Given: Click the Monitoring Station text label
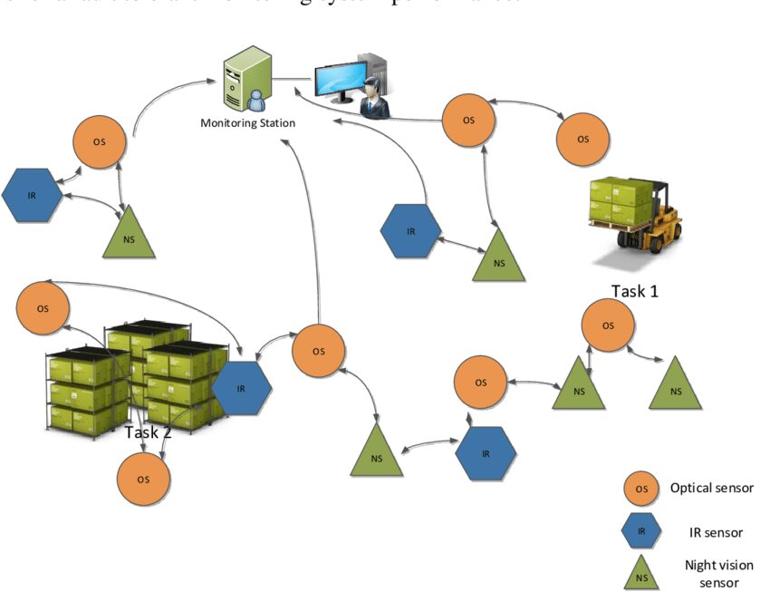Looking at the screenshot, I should pyautogui.click(x=247, y=122).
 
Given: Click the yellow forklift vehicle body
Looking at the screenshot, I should pyautogui.click(x=657, y=222).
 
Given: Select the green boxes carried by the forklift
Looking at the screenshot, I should pyautogui.click(x=619, y=199).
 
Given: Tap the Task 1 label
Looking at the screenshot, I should pyautogui.click(x=634, y=291).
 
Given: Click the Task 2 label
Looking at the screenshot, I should pyautogui.click(x=148, y=432).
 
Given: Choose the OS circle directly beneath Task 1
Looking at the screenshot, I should pyautogui.click(x=608, y=325).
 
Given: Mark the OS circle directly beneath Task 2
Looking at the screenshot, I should pyautogui.click(x=143, y=477).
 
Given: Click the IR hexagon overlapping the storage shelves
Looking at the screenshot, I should pyautogui.click(x=241, y=388).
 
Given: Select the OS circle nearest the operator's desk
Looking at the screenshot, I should pyautogui.click(x=468, y=120).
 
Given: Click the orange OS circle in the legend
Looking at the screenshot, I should pyautogui.click(x=640, y=489).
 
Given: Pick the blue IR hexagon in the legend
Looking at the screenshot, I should pyautogui.click(x=640, y=531).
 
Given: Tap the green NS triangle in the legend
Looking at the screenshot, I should pyautogui.click(x=640, y=573).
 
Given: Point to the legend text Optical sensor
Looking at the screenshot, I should pyautogui.click(x=711, y=488).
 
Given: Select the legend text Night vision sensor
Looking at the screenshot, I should pyautogui.click(x=712, y=573).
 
